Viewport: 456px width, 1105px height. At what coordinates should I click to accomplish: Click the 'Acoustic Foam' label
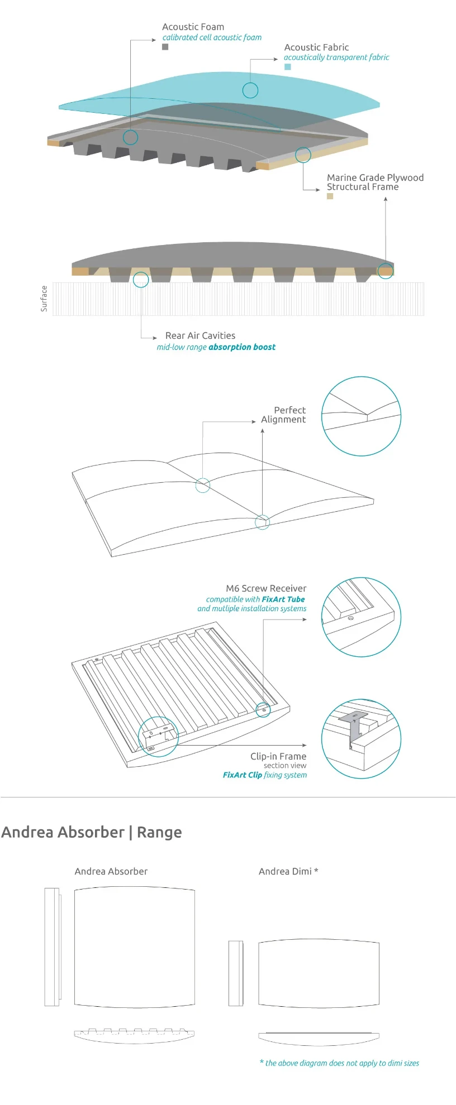(x=193, y=27)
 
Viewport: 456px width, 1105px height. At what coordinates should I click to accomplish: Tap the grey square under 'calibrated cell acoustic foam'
(x=165, y=47)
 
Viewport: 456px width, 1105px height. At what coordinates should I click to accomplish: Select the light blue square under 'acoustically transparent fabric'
(x=288, y=67)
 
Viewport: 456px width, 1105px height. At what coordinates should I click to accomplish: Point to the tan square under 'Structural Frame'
(x=330, y=196)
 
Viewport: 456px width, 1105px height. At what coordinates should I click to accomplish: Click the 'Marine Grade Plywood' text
(x=375, y=177)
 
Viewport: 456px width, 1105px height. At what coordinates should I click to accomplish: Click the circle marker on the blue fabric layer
(x=250, y=90)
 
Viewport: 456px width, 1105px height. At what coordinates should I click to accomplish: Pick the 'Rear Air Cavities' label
(x=200, y=335)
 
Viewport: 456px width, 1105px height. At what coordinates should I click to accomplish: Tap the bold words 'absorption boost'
(x=242, y=347)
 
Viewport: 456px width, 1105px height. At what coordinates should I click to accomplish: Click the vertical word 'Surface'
(x=44, y=299)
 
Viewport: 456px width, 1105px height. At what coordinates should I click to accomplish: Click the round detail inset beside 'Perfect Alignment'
(x=361, y=416)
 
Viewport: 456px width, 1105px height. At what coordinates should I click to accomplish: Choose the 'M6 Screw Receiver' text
(x=266, y=588)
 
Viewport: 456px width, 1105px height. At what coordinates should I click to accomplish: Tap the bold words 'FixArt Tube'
(x=283, y=599)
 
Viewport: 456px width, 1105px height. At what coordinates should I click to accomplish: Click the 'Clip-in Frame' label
(x=278, y=756)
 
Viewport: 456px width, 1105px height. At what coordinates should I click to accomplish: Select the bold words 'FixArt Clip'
(x=243, y=775)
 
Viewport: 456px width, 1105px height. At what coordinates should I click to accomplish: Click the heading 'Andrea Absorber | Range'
(x=92, y=832)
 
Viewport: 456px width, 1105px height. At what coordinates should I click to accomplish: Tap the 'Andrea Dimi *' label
(x=288, y=871)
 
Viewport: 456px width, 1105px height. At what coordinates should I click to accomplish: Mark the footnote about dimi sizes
(x=339, y=1063)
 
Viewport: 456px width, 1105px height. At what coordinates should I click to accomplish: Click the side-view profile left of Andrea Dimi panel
(x=236, y=973)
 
